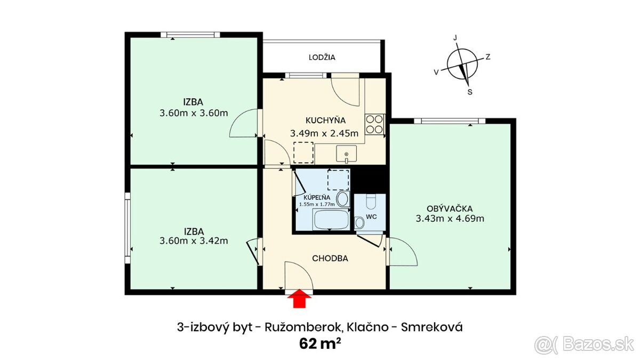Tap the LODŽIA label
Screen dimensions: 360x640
tap(322, 58)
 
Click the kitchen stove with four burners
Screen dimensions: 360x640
tap(375, 124)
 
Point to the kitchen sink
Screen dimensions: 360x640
tap(347, 155)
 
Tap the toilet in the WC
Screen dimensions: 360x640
tap(372, 202)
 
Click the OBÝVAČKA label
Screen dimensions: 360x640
tap(450, 207)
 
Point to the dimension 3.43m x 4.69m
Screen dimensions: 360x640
tap(450, 218)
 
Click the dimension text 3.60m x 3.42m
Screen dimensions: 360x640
tap(194, 241)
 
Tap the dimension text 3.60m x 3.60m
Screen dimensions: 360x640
tap(194, 113)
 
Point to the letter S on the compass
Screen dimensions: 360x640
tap(469, 92)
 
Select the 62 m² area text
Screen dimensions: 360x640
tap(319, 343)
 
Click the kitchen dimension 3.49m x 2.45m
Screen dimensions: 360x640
tap(324, 133)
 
